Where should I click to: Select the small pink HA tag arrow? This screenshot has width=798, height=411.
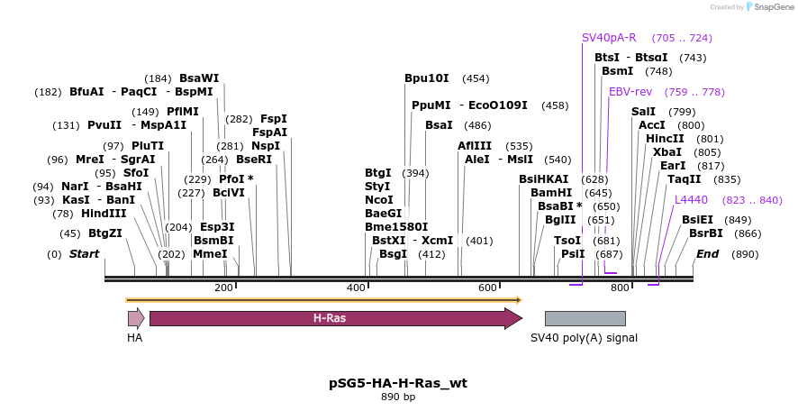pyautogui.click(x=136, y=318)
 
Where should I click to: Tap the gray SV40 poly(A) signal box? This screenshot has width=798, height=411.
pyautogui.click(x=585, y=318)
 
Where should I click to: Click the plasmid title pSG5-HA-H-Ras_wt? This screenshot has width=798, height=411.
pyautogui.click(x=398, y=383)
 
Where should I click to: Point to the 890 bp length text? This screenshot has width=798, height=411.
pyautogui.click(x=398, y=397)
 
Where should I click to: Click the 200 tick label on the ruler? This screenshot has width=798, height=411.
pyautogui.click(x=222, y=288)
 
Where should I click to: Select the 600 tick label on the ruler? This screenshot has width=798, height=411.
pyautogui.click(x=487, y=288)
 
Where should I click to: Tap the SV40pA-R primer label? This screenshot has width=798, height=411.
pyautogui.click(x=609, y=38)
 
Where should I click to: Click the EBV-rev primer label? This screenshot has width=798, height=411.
pyautogui.click(x=630, y=92)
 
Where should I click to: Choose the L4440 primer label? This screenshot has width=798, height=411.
pyautogui.click(x=691, y=200)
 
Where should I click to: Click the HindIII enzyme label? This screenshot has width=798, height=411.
pyautogui.click(x=103, y=214)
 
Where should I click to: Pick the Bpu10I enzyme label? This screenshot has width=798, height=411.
pyautogui.click(x=427, y=78)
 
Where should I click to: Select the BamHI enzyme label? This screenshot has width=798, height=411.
pyautogui.click(x=551, y=193)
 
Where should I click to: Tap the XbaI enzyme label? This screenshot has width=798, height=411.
pyautogui.click(x=667, y=152)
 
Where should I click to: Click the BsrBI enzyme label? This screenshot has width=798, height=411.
pyautogui.click(x=705, y=233)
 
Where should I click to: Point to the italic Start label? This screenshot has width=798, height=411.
pyautogui.click(x=84, y=254)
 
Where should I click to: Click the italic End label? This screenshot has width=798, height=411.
pyautogui.click(x=707, y=254)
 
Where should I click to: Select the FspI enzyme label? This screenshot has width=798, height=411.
pyautogui.click(x=274, y=119)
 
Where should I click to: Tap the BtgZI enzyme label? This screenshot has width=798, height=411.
pyautogui.click(x=104, y=233)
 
